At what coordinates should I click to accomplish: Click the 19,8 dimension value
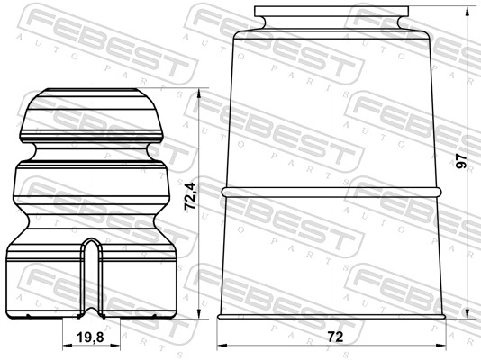(x=83, y=337)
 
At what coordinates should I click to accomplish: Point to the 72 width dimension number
(x=335, y=337)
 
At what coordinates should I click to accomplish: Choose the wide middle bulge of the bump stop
(x=89, y=189)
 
